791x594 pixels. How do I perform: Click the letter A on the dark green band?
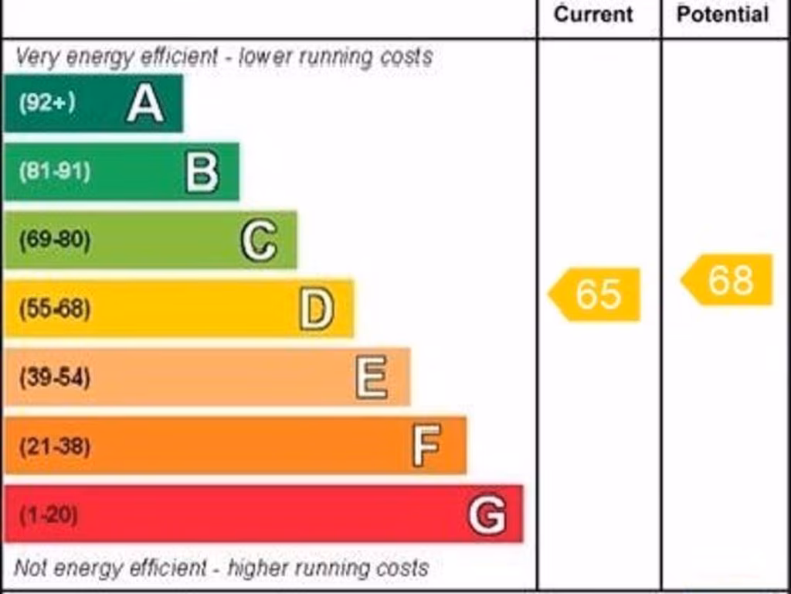[145, 104]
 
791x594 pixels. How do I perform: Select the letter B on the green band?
[202, 172]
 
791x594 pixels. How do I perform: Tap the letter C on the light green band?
[259, 241]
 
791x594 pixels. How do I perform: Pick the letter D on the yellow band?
[317, 309]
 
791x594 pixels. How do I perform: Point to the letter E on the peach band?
[372, 378]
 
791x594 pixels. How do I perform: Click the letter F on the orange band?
[426, 446]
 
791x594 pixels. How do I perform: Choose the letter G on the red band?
[487, 515]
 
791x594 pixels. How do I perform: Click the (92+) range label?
[47, 103]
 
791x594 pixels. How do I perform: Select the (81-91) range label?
[54, 172]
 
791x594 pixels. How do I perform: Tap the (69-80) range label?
[54, 241]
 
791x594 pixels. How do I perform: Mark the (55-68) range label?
[54, 309]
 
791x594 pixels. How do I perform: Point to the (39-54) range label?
[54, 378]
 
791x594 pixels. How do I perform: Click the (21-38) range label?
[54, 446]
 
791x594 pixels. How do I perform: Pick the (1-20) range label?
[48, 515]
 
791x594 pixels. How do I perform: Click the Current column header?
[594, 15]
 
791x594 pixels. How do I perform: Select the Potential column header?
[723, 15]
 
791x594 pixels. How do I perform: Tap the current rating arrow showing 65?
[596, 294]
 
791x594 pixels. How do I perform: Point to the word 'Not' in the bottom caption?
[30, 568]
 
